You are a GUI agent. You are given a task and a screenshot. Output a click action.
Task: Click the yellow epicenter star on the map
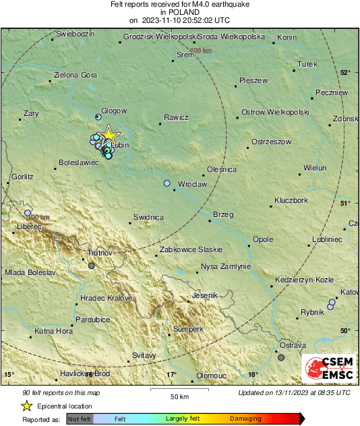pos(109,135)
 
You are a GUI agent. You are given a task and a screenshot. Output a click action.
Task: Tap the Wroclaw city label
pos(192,184)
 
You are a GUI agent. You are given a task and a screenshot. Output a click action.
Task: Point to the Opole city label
pos(262,239)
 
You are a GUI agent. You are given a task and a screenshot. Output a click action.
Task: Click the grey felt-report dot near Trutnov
pos(92,266)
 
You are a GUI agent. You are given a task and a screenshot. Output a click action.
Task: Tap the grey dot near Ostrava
pos(281,358)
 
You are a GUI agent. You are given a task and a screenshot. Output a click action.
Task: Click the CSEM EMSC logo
pos(327,368)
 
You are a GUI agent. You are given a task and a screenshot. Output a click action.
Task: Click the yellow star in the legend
pos(26,406)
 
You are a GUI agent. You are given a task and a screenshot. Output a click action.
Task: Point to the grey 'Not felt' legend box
pos(80,419)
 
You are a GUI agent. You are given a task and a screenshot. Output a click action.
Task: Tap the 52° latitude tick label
pos(346,72)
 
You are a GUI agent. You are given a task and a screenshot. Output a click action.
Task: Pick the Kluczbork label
pos(291,201)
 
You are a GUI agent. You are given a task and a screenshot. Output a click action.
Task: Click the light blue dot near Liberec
pos(28,213)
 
